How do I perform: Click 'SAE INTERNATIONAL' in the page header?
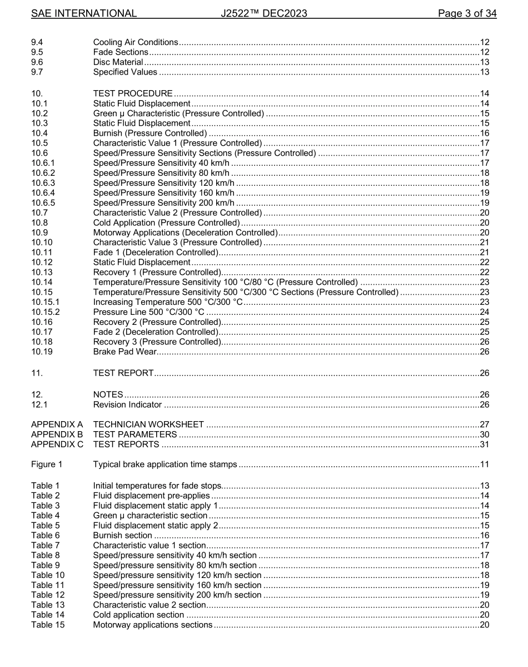pyautogui.click(x=84, y=13)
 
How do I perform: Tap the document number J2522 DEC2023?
pyautogui.click(x=263, y=13)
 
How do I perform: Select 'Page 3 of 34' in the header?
pyautogui.click(x=467, y=13)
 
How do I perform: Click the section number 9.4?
pyautogui.click(x=37, y=42)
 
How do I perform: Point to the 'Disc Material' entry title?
pyautogui.click(x=118, y=62)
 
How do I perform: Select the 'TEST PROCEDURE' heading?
pyautogui.click(x=133, y=93)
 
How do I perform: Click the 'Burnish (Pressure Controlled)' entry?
pyautogui.click(x=150, y=133)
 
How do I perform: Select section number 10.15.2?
pyautogui.click(x=45, y=312)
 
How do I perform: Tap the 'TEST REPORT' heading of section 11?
pyautogui.click(x=123, y=373)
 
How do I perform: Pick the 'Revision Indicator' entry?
pyautogui.click(x=127, y=404)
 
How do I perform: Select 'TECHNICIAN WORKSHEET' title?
pyautogui.click(x=148, y=424)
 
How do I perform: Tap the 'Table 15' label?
pyautogui.click(x=48, y=625)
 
